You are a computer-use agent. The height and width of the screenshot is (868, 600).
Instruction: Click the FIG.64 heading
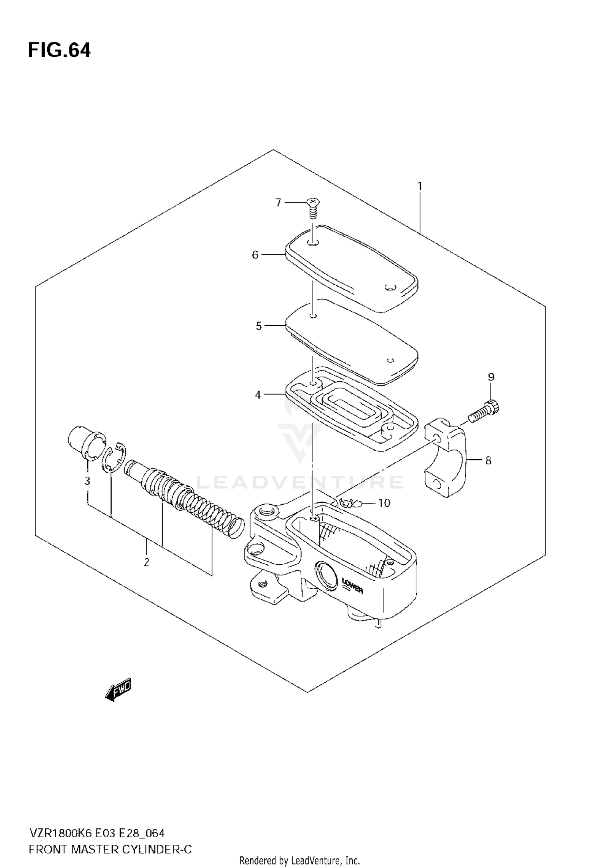pyautogui.click(x=59, y=51)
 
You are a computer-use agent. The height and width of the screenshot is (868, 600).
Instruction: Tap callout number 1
pyautogui.click(x=420, y=186)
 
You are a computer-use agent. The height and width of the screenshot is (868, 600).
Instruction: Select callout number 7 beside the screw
pyautogui.click(x=278, y=203)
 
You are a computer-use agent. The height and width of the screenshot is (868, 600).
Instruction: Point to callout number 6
pyautogui.click(x=255, y=255)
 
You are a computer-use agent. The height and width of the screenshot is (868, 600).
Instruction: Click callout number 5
pyautogui.click(x=258, y=326)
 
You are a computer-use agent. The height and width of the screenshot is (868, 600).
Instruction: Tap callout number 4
pyautogui.click(x=258, y=395)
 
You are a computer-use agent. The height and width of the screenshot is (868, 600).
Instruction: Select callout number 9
pyautogui.click(x=491, y=376)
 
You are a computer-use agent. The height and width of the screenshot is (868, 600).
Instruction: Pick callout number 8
pyautogui.click(x=488, y=461)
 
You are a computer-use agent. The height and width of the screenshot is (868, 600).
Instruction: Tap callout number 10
pyautogui.click(x=384, y=503)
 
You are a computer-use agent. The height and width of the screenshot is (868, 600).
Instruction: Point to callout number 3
pyautogui.click(x=87, y=481)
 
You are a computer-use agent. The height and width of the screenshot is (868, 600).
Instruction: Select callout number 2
pyautogui.click(x=146, y=562)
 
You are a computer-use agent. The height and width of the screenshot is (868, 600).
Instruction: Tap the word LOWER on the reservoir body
pyautogui.click(x=352, y=585)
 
